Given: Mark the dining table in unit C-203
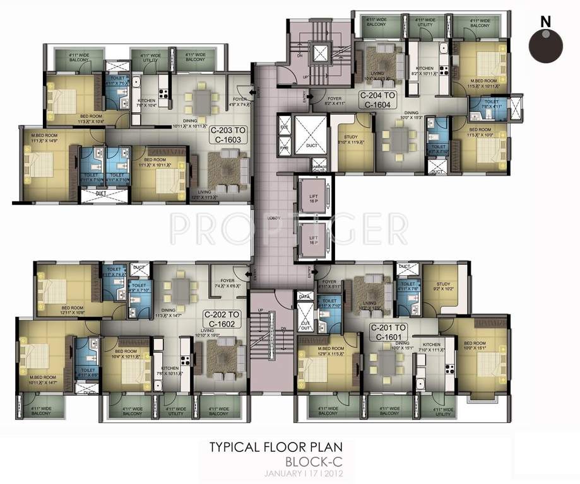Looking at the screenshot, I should (201, 100).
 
